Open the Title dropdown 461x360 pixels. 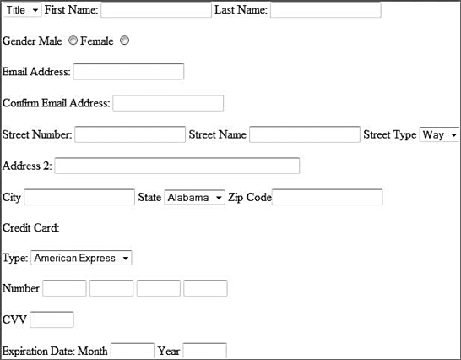[x=22, y=10]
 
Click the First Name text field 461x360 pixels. [x=156, y=10]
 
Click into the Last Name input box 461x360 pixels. [x=326, y=10]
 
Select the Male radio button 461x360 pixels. [x=73, y=41]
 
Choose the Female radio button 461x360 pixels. [x=124, y=41]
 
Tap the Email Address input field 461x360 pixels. [x=129, y=72]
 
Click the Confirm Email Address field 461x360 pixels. [x=168, y=103]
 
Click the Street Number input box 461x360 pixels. [x=130, y=134]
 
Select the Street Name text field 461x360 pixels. [x=305, y=134]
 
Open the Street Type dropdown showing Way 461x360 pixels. [x=439, y=135]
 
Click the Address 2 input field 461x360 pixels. [x=177, y=166]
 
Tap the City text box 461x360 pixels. [x=79, y=197]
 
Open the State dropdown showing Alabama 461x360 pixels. [x=195, y=198]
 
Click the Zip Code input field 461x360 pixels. [x=328, y=197]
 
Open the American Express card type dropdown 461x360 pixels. [x=81, y=258]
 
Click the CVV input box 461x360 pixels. [x=52, y=319]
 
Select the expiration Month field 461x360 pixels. [x=133, y=351]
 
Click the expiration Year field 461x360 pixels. [x=204, y=351]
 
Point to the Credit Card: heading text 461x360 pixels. [x=31, y=228]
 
